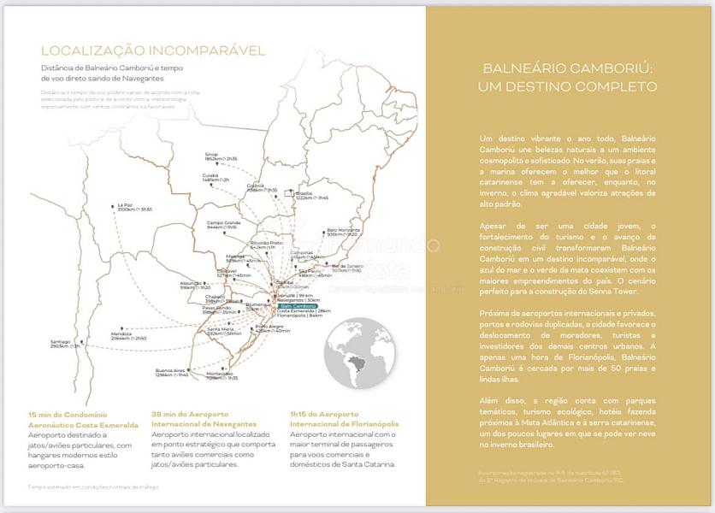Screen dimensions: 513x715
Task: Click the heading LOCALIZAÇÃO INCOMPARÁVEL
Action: [x=141, y=51]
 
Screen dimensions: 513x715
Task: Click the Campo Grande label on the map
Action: [x=222, y=222]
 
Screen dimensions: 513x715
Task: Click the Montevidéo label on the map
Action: [x=220, y=374]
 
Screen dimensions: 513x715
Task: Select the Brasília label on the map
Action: [x=304, y=193]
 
